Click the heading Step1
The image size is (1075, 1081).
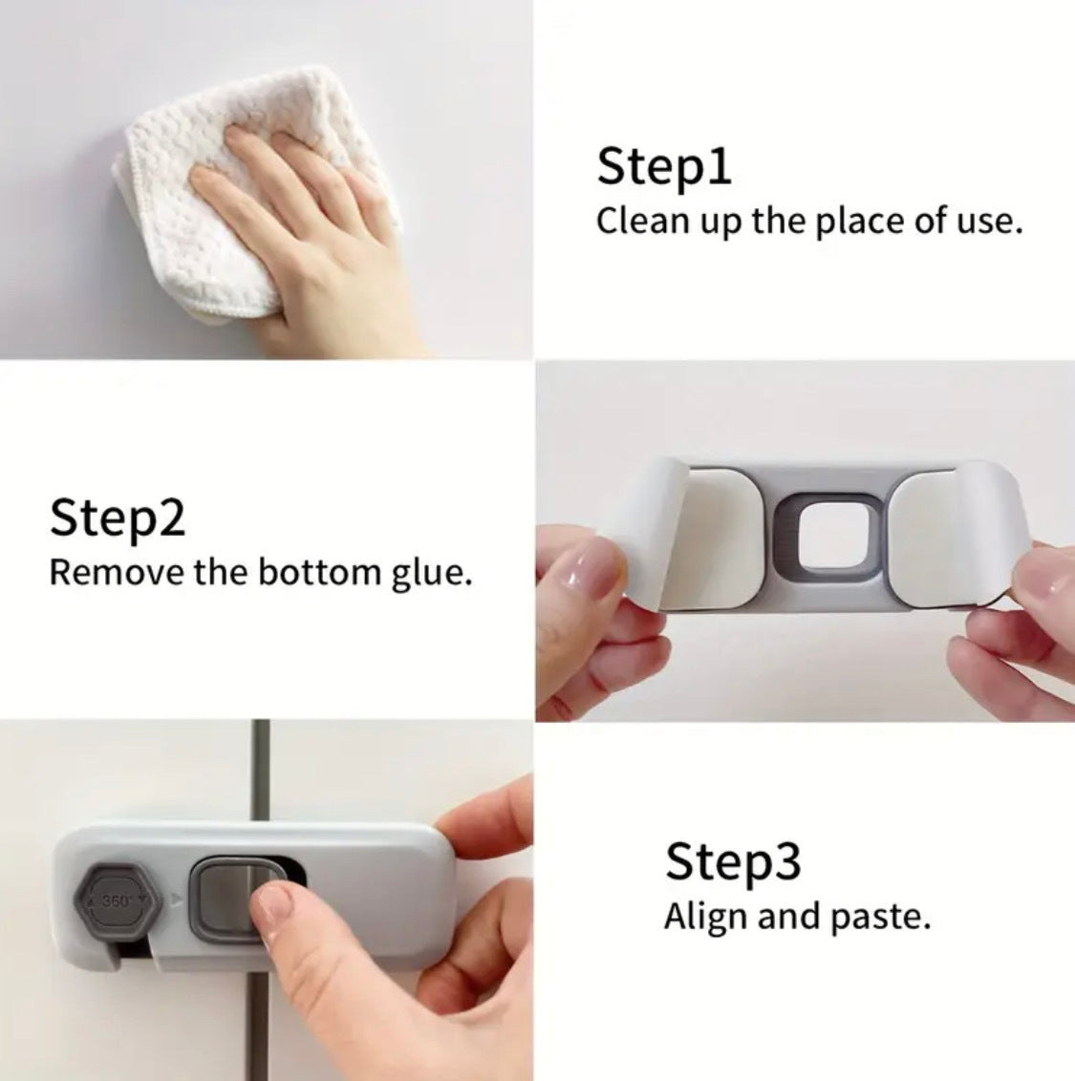(x=664, y=167)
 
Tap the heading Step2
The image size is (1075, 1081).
(x=118, y=518)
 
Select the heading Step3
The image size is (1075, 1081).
(x=733, y=861)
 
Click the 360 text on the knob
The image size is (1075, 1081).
(x=115, y=901)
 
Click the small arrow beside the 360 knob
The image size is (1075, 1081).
(x=176, y=900)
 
